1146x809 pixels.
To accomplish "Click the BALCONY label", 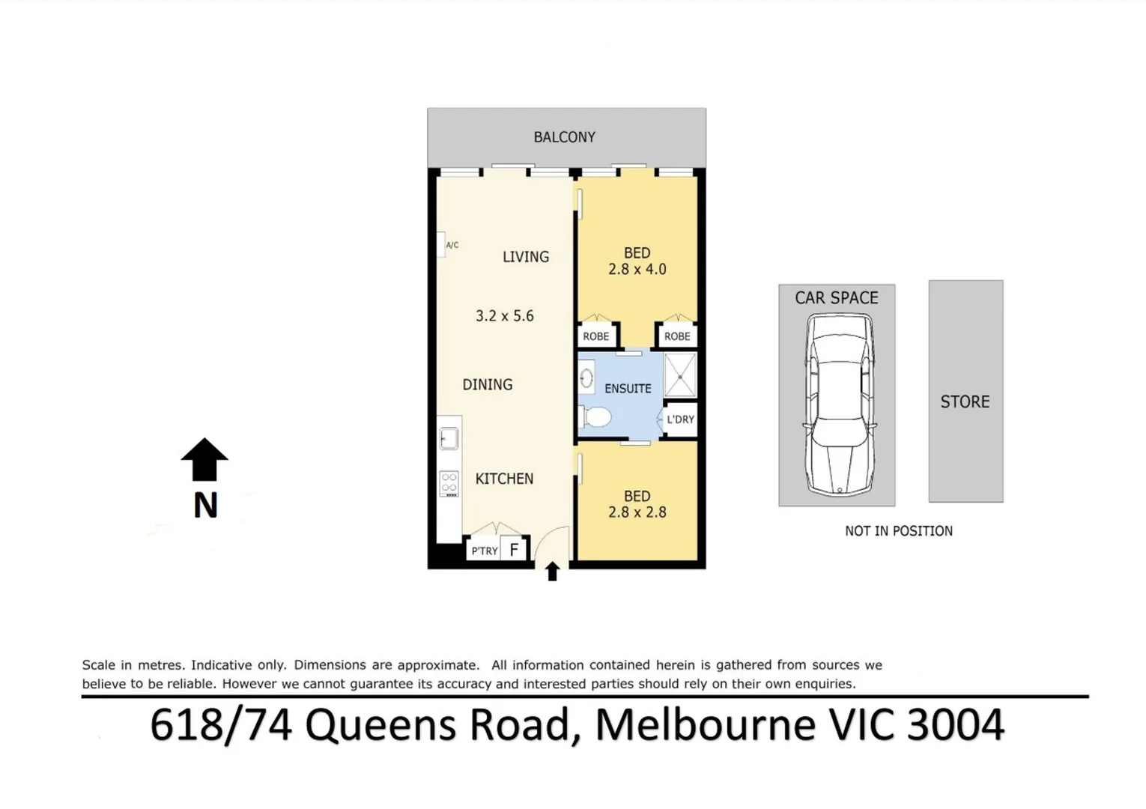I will (x=564, y=137).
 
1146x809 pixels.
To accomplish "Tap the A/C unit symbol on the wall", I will (x=442, y=244).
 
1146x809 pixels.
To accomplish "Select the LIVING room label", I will (x=525, y=257).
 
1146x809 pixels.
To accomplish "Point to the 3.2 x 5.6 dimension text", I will (x=504, y=316).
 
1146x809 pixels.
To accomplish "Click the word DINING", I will (x=487, y=384).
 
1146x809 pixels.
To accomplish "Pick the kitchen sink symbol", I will (x=449, y=438).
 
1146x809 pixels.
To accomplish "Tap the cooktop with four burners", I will (x=449, y=484).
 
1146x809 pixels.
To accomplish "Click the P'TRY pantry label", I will (x=484, y=551).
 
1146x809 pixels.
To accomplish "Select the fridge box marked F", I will (x=514, y=550).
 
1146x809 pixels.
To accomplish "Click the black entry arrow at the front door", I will (x=552, y=572).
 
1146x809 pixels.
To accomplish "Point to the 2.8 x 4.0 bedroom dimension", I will (x=637, y=270).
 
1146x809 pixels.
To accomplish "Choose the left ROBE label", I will (x=595, y=336).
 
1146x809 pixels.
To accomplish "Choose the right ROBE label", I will (x=677, y=336).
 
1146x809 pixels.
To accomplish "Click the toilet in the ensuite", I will (x=596, y=416).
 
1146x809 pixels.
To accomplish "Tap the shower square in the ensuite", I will (x=680, y=375).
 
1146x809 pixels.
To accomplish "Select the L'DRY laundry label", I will (x=680, y=419).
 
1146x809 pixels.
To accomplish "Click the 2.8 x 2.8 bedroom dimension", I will (x=637, y=512).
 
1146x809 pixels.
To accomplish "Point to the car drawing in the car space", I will (x=839, y=404).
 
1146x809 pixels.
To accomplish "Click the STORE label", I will (x=965, y=402).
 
